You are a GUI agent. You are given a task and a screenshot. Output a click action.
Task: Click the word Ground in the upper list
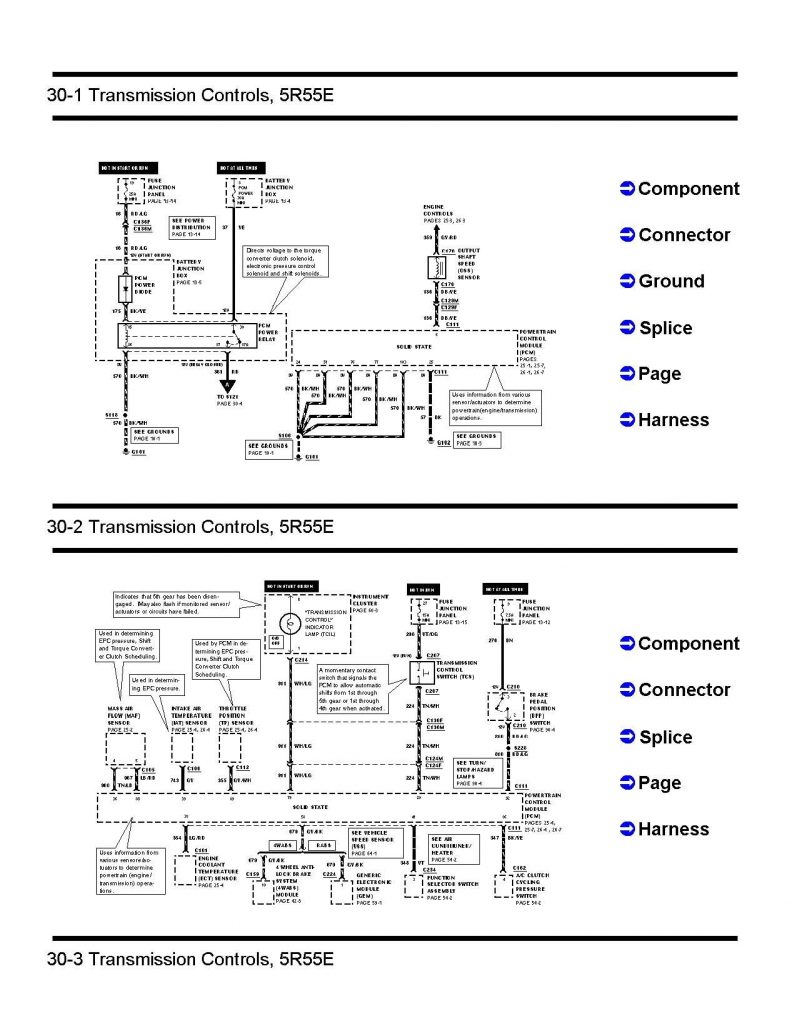pyautogui.click(x=670, y=281)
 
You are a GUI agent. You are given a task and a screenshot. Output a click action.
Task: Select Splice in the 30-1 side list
pyautogui.click(x=665, y=328)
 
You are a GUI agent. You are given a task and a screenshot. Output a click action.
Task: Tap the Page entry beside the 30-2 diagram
pyautogui.click(x=659, y=783)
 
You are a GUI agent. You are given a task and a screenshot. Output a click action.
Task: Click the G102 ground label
pyautogui.click(x=443, y=441)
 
